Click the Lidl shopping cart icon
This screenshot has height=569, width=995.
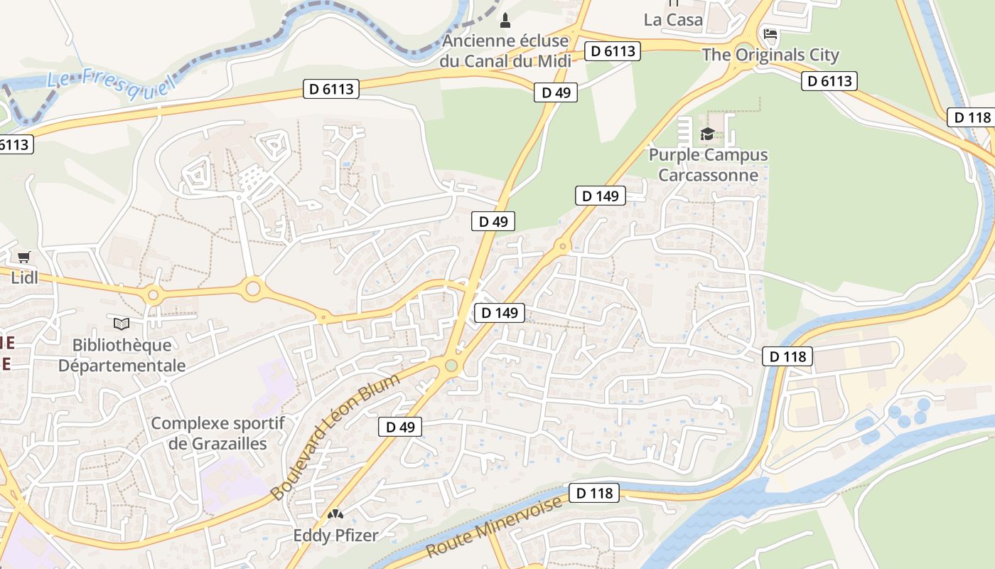click(x=24, y=257)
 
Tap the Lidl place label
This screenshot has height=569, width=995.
click(x=24, y=277)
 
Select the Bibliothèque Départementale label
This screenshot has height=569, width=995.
click(x=122, y=355)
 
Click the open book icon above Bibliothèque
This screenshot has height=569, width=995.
click(x=122, y=324)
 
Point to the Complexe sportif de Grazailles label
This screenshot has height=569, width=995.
click(x=217, y=433)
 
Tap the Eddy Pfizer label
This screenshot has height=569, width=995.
click(x=335, y=535)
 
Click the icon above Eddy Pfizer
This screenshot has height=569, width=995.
click(x=335, y=514)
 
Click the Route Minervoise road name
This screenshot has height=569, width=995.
click(x=495, y=527)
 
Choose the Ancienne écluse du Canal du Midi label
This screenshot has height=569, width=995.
click(x=505, y=50)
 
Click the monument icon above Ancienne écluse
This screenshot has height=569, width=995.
click(x=505, y=20)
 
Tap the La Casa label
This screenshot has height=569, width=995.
click(x=673, y=20)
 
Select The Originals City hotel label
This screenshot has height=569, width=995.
click(x=770, y=55)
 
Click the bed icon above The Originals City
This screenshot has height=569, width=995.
click(x=770, y=33)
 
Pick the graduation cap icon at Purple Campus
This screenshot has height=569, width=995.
click(x=707, y=134)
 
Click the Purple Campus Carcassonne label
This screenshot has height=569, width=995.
click(x=708, y=164)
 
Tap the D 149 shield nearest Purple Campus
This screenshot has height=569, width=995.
click(x=600, y=196)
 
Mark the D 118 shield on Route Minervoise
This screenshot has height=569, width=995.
click(x=594, y=493)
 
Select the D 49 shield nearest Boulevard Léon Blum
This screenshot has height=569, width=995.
click(x=399, y=427)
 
